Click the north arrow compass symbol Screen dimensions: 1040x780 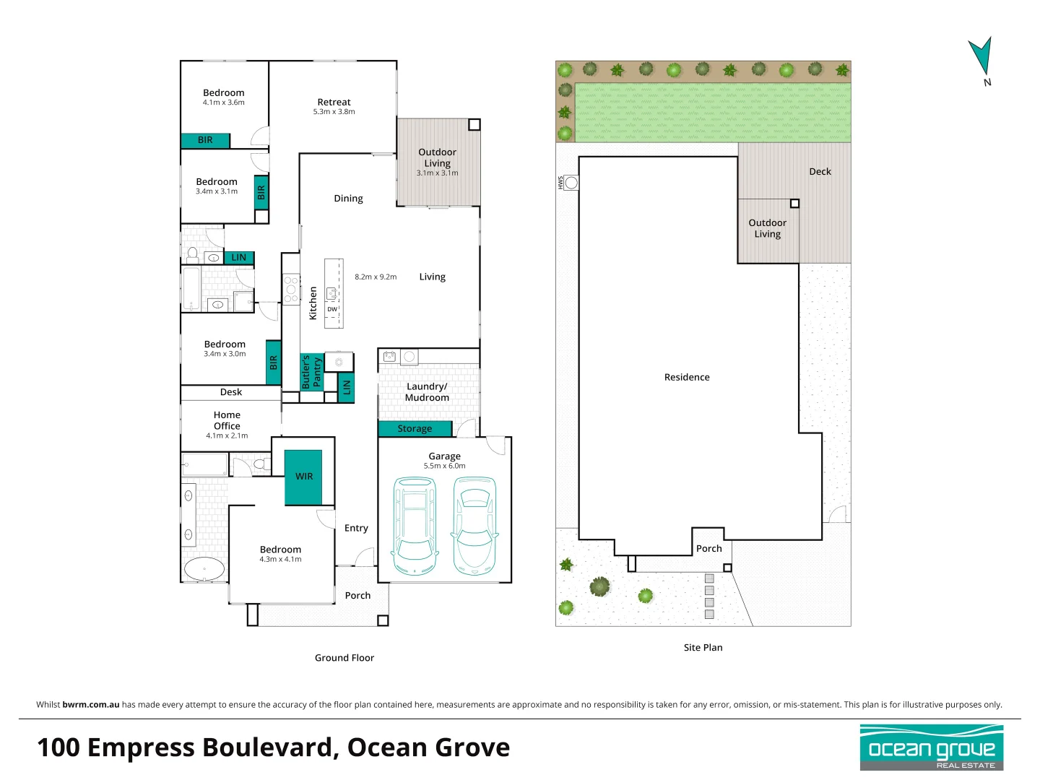coord(981,58)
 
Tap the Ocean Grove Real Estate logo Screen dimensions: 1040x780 coord(931,747)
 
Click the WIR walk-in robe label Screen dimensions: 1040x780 coord(304,477)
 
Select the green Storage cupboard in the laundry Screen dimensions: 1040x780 coord(415,429)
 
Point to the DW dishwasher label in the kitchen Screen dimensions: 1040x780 coord(332,309)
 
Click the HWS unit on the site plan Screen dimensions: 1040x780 coord(571,183)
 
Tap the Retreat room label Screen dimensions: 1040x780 coord(334,103)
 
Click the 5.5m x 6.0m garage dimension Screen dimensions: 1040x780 coord(444,466)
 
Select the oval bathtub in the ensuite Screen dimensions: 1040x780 coord(204,568)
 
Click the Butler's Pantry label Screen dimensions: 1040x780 coord(311,372)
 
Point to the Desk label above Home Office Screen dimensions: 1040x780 coord(231,392)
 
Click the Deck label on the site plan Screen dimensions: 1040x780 coord(820,172)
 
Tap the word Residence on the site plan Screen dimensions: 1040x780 coord(687,377)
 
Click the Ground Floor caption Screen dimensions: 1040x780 coord(344,658)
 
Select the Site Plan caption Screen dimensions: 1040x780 coord(703,648)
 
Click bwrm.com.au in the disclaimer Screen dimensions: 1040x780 coord(91,705)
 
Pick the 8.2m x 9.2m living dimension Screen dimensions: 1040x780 coord(376,277)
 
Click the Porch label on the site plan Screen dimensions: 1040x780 coord(708,549)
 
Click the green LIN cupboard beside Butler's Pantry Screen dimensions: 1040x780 coord(347,388)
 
